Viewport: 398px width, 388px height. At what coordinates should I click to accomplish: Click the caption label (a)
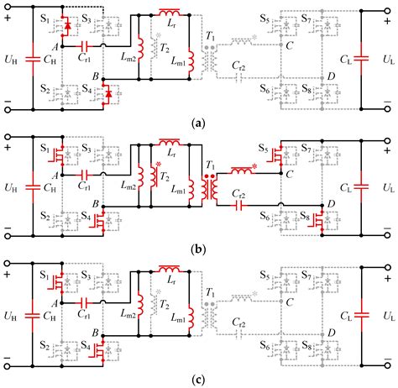[x=199, y=121]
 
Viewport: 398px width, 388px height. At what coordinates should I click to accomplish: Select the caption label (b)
[x=199, y=249]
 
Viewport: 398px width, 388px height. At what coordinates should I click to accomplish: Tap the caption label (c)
[x=199, y=379]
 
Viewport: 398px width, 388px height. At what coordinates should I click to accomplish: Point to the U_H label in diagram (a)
[x=11, y=60]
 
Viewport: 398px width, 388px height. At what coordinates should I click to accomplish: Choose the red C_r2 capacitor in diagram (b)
[x=243, y=203]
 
